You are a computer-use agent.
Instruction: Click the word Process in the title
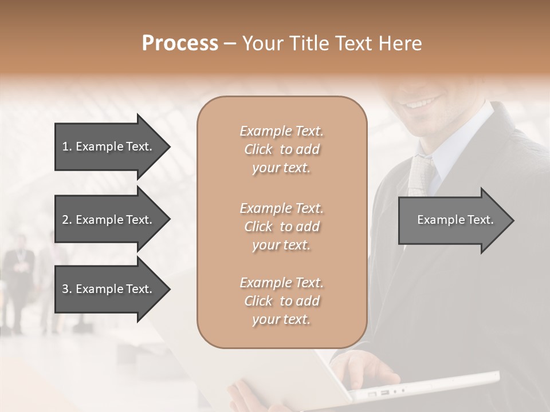coord(180,43)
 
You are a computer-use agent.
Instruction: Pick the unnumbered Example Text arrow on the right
coord(455,220)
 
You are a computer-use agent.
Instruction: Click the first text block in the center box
coord(281,149)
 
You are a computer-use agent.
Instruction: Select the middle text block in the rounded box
coord(281,227)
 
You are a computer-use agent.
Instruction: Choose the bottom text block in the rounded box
coord(281,301)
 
